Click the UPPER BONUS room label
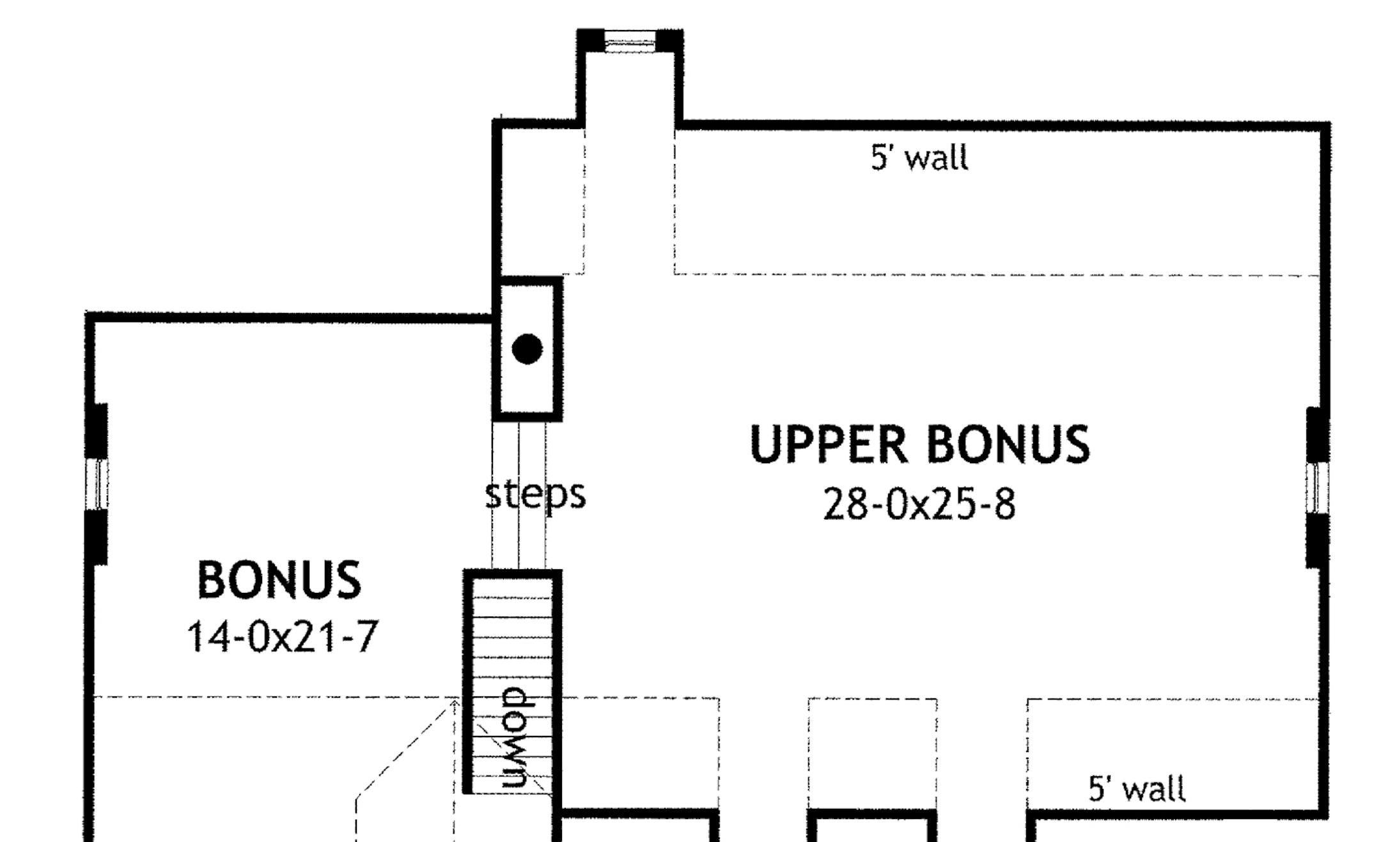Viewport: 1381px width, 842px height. pos(919,445)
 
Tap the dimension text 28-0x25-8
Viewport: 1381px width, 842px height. pos(919,505)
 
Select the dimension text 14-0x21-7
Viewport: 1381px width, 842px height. pos(282,638)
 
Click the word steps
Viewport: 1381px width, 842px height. pos(535,494)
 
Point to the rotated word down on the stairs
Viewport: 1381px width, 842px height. pos(514,737)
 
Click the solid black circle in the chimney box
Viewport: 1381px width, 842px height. pos(527,349)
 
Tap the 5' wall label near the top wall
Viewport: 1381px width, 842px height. pos(919,157)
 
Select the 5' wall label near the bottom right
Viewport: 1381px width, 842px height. pos(1137,788)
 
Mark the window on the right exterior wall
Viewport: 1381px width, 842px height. pos(1317,487)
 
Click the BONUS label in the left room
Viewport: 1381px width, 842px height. pos(279,580)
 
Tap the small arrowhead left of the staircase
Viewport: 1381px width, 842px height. pos(455,703)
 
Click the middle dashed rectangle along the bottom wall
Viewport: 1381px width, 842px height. pos(873,754)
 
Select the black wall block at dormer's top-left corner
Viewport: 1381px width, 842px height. pos(591,40)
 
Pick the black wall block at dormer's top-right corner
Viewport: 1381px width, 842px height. pos(669,40)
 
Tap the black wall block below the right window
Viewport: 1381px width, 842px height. pos(1317,540)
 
